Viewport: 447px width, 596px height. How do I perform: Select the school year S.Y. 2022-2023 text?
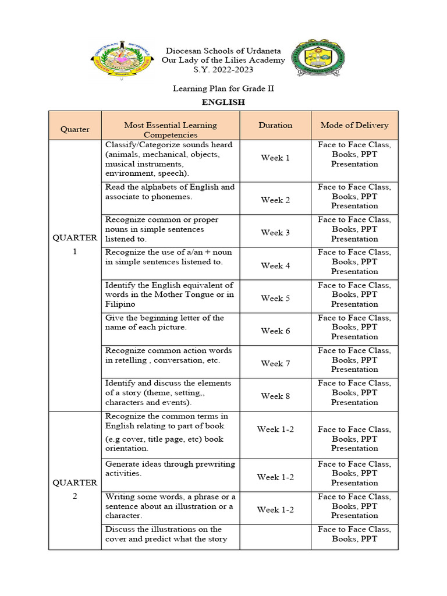tap(223, 70)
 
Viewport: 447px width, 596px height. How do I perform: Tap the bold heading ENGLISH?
tap(223, 102)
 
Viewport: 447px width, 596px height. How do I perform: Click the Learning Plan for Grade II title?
tap(223, 88)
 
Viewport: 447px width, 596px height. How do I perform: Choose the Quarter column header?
tap(74, 129)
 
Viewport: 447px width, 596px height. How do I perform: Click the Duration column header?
tap(275, 125)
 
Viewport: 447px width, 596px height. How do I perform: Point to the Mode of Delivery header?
tap(354, 125)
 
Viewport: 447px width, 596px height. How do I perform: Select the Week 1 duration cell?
tap(275, 158)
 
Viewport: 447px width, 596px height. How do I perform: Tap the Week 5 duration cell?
tap(275, 298)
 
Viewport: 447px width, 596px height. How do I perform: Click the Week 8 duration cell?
tap(275, 396)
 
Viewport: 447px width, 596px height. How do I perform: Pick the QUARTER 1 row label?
tap(74, 244)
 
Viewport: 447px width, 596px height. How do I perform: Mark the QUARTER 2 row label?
tap(74, 489)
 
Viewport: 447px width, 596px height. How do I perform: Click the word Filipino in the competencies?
tap(120, 304)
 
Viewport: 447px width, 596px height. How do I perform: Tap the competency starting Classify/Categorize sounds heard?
tap(169, 159)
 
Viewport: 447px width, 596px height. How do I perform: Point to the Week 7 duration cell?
tap(275, 363)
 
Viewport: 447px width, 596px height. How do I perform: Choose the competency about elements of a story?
tap(168, 392)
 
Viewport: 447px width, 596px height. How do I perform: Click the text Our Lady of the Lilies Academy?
tap(223, 61)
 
